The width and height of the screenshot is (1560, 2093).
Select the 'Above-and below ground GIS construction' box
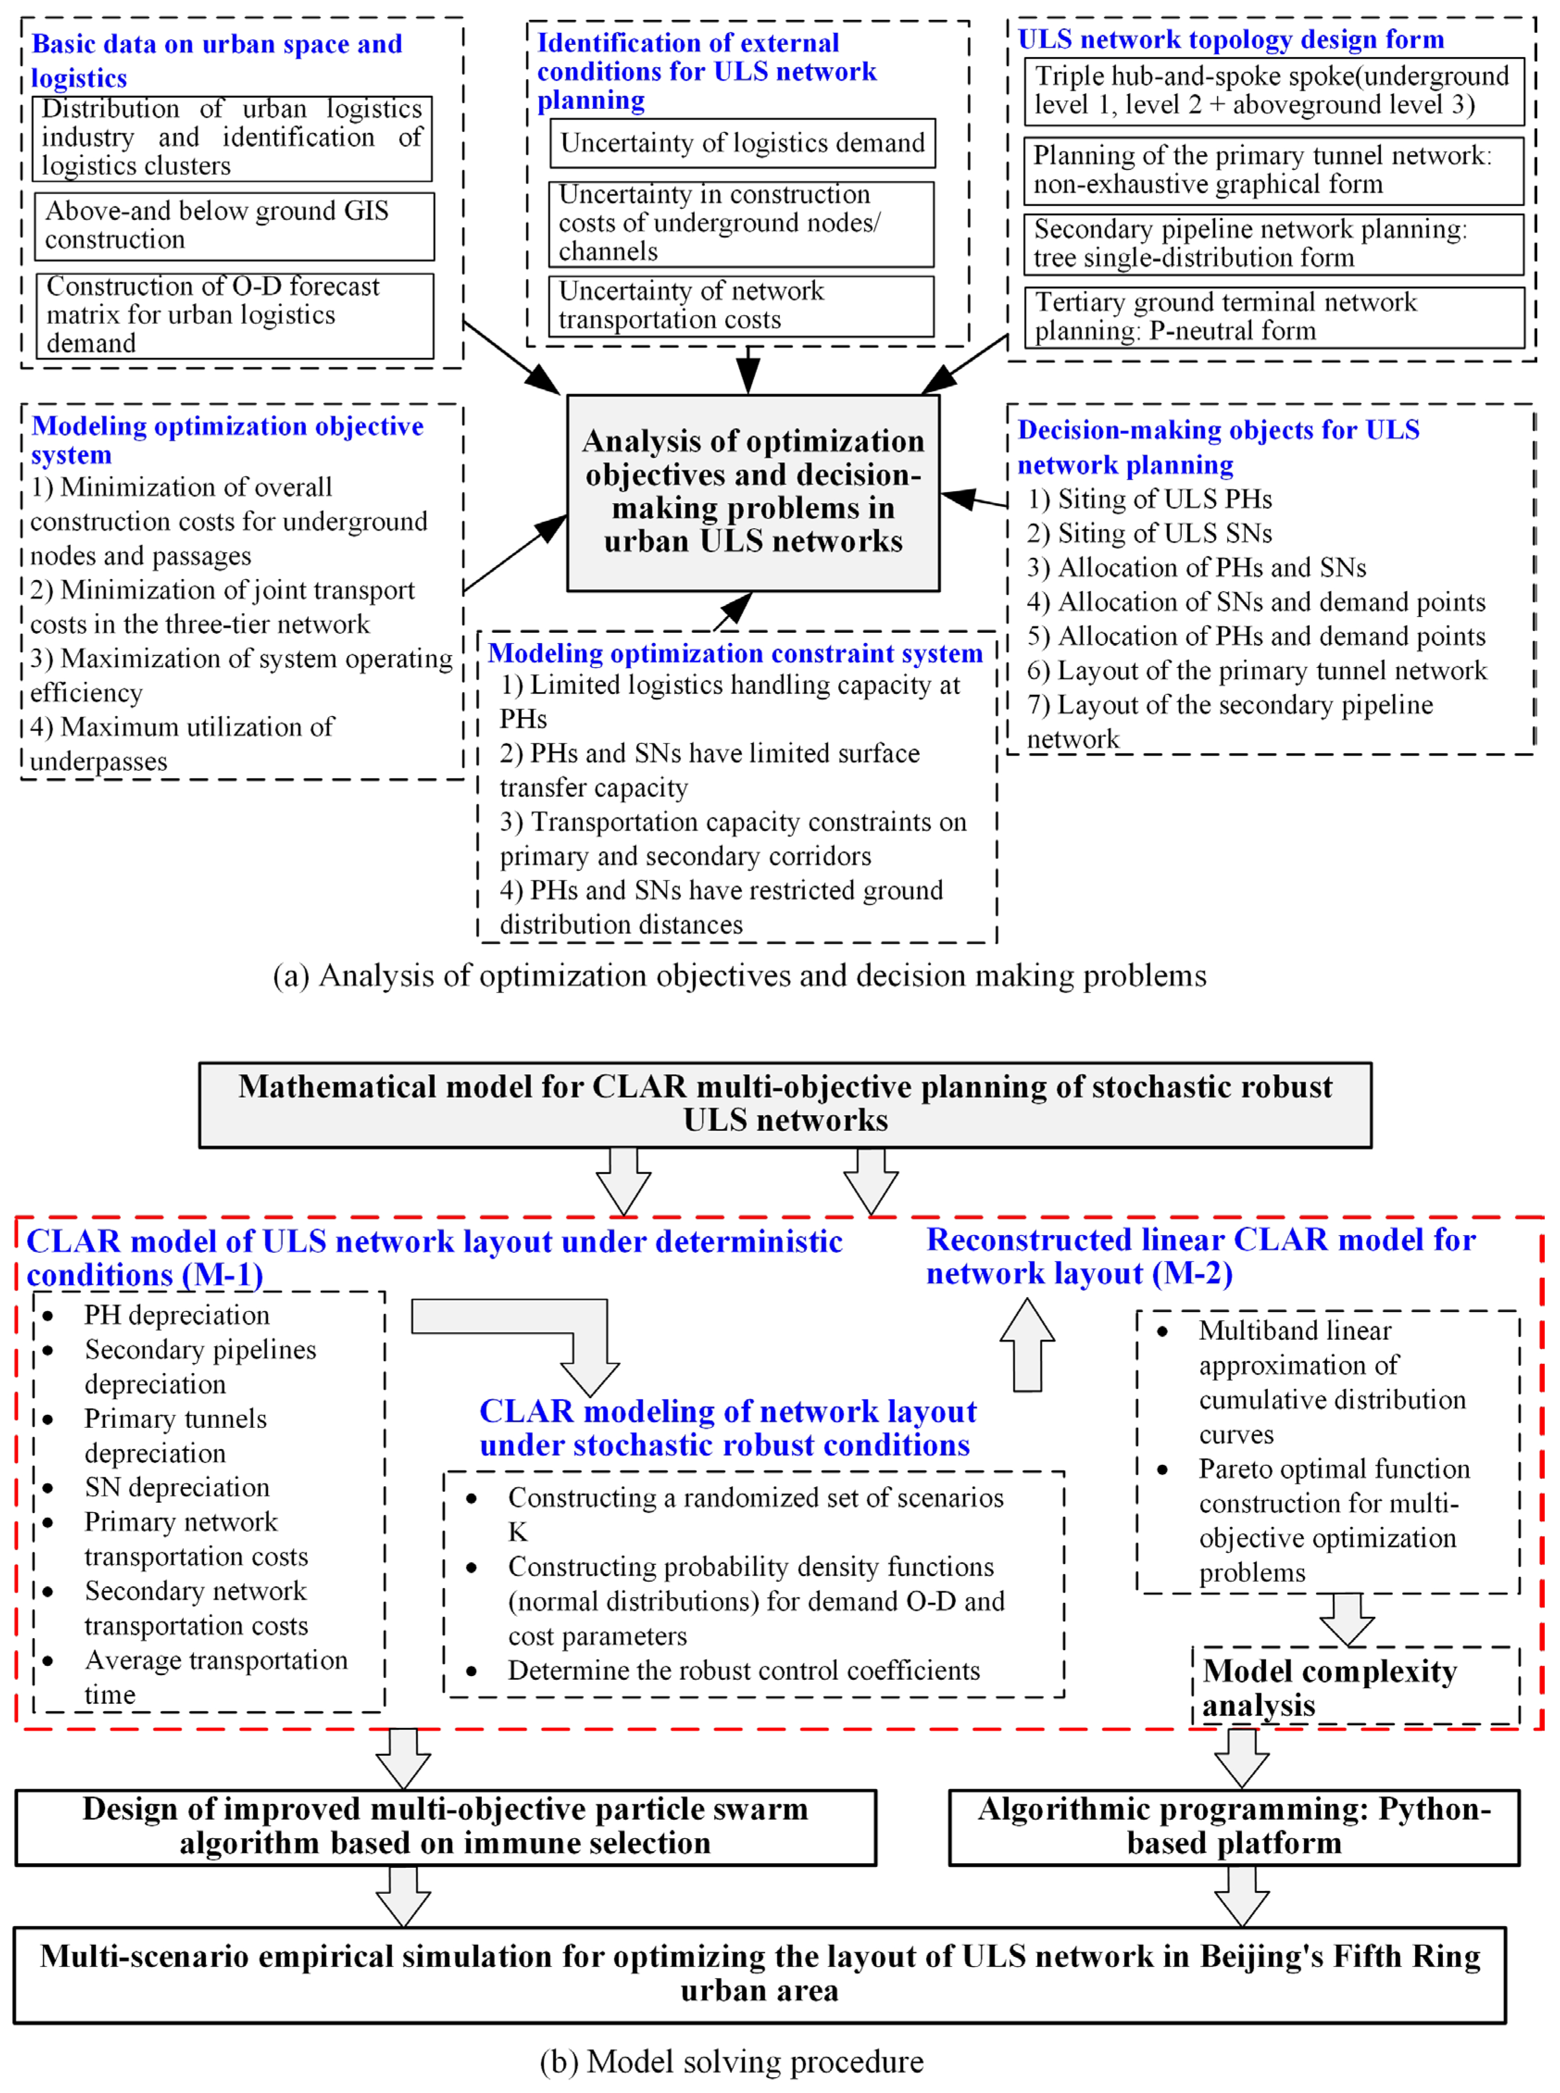coord(234,226)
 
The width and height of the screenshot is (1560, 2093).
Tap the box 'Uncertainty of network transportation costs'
coord(741,305)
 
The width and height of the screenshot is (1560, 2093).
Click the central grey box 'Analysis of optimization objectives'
coord(752,492)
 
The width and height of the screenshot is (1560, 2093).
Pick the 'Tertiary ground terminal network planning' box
coord(1274,316)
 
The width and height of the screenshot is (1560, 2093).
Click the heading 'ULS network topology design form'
coord(1230,40)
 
